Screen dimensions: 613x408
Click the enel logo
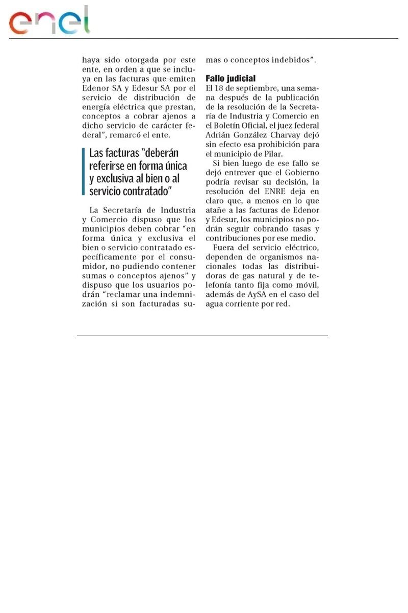tap(49, 21)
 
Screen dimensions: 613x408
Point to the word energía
tap(97, 106)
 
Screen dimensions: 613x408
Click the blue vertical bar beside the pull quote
tap(83, 172)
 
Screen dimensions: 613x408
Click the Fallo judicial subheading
tap(230, 79)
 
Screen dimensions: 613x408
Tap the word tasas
tap(298, 229)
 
